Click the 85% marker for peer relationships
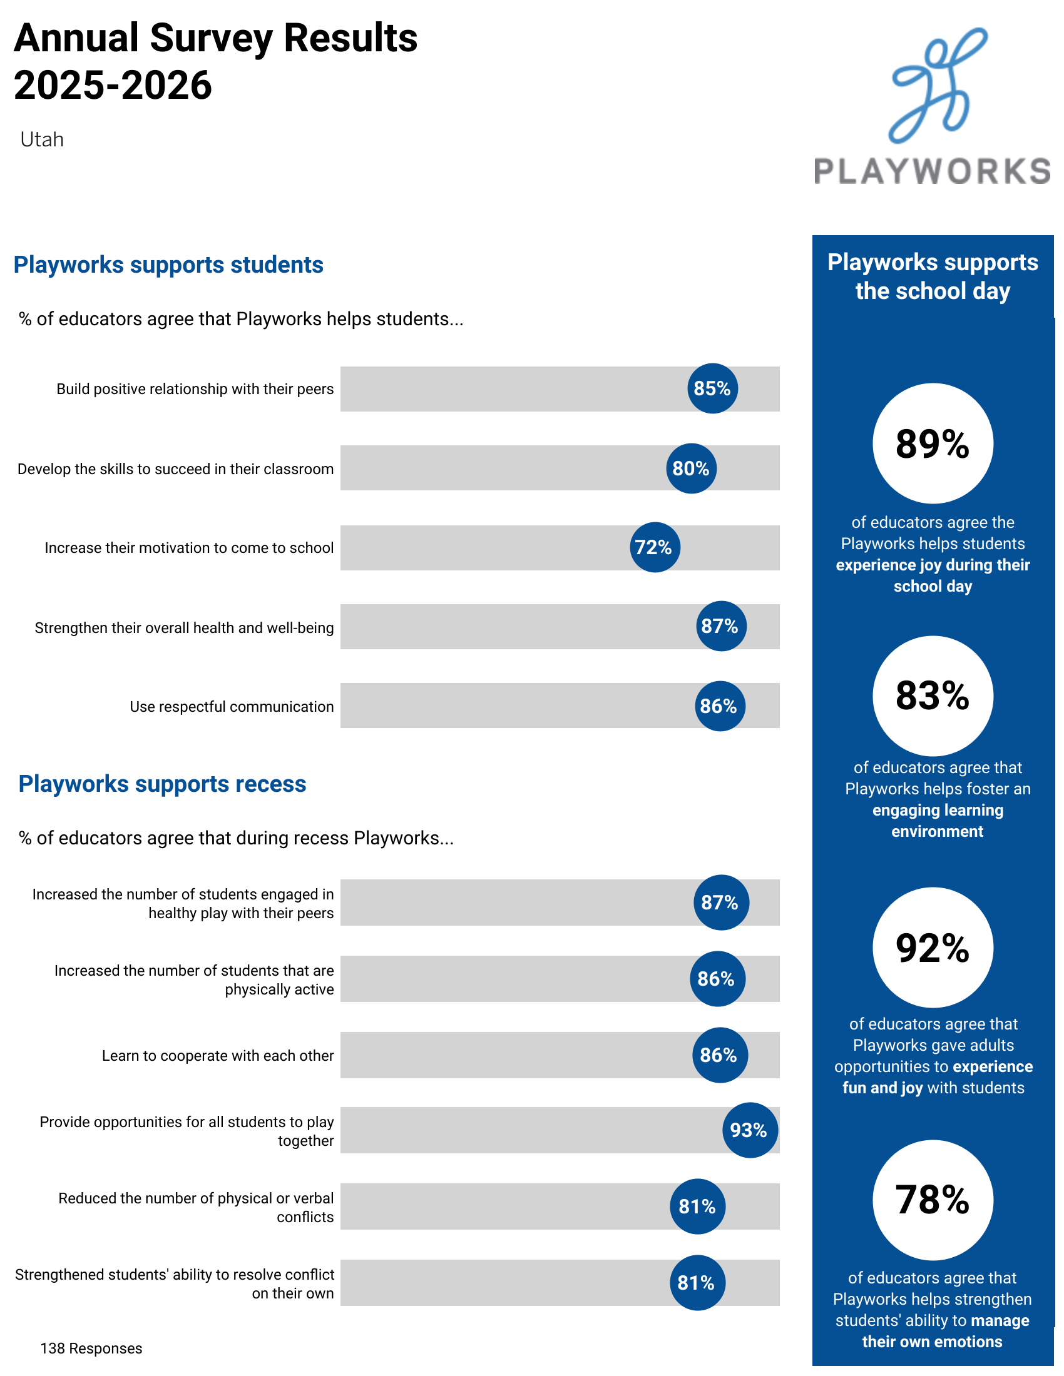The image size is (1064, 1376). (712, 388)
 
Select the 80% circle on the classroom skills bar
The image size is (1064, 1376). (691, 468)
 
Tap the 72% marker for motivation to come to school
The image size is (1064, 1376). (655, 547)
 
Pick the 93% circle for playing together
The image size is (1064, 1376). (749, 1130)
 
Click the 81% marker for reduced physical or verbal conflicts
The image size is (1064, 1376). (697, 1206)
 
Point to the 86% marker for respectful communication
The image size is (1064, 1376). (719, 706)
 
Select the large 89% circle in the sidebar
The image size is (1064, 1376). (933, 443)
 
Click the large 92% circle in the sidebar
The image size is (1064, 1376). (933, 947)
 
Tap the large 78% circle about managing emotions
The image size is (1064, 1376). (933, 1200)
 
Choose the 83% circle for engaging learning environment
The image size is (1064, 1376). (933, 696)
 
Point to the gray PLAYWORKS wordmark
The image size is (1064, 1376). (933, 171)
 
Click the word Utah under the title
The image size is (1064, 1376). (41, 139)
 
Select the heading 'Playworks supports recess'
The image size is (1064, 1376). (162, 784)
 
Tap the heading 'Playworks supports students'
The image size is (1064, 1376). (168, 265)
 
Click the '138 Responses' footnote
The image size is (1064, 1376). (91, 1348)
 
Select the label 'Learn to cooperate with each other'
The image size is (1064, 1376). (218, 1055)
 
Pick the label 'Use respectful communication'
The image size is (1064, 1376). (232, 706)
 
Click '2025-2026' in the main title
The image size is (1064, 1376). (113, 85)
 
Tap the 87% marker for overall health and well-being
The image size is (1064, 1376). (721, 625)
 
